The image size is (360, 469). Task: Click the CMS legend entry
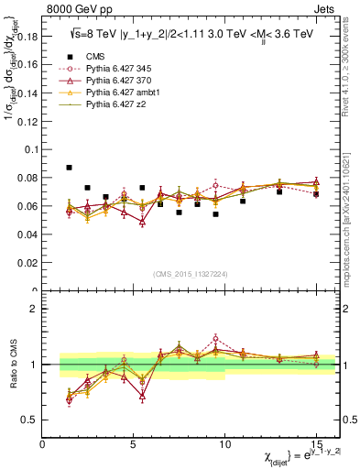point(94,55)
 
